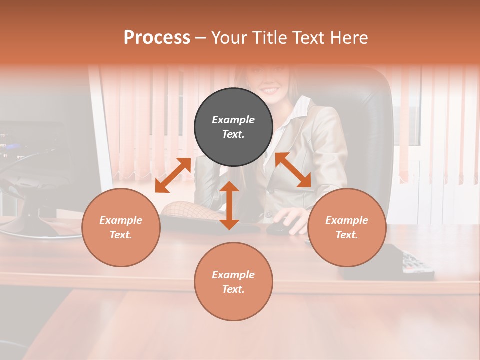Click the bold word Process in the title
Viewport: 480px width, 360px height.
[x=157, y=38]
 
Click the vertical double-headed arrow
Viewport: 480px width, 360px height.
[x=229, y=205]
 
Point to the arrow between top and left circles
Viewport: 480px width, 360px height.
[x=173, y=175]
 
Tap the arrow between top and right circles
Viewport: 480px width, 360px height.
[x=293, y=170]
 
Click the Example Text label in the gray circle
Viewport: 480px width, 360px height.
[x=233, y=127]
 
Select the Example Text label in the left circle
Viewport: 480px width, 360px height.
[x=121, y=227]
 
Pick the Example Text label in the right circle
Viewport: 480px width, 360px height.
[x=347, y=227]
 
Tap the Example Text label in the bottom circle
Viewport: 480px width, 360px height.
[x=233, y=282]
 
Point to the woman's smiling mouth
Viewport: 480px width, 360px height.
[x=270, y=91]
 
